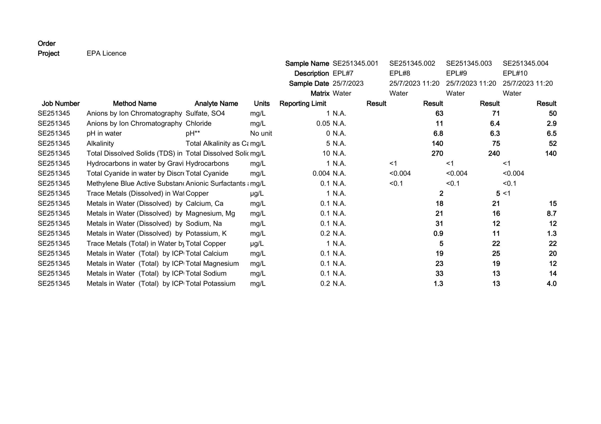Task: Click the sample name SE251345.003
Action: (469, 63)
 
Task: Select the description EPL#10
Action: (515, 73)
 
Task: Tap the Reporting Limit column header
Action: (303, 104)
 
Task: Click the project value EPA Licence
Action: (106, 53)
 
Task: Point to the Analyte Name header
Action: (216, 104)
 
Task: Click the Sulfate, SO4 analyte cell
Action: (205, 113)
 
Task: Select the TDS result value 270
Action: (437, 154)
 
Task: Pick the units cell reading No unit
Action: (261, 133)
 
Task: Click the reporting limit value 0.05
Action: (323, 123)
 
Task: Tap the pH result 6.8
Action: (438, 133)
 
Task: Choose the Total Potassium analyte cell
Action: (210, 284)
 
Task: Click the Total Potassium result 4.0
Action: (551, 284)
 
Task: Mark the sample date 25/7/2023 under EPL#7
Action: (348, 83)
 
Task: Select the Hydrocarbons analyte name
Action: (207, 163)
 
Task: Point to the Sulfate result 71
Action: (496, 113)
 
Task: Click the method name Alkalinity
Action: (100, 143)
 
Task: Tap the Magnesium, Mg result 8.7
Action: (551, 214)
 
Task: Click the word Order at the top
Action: (46, 43)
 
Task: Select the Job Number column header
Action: (61, 104)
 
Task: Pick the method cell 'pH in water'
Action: (104, 133)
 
